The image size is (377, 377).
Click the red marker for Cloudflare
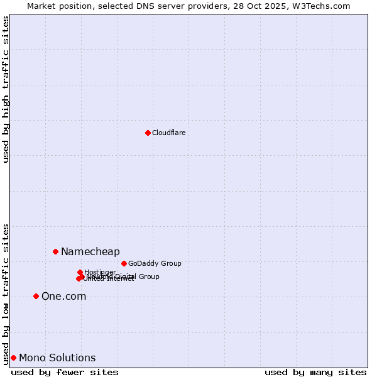148,133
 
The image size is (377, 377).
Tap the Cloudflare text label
168,133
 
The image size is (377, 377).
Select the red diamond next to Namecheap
55,251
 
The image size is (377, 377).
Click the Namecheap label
90,251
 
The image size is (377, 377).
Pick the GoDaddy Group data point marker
124,263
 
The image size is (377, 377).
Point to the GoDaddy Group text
154,263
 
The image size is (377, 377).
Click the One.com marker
36,296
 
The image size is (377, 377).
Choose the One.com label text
63,296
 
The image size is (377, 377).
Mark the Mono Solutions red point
13,358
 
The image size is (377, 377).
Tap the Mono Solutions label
57,358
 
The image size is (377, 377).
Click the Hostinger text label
100,272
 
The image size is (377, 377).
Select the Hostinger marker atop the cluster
80,272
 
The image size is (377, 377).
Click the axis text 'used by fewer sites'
65,372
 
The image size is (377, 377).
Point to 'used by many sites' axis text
315,372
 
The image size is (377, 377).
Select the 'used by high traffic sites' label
6,89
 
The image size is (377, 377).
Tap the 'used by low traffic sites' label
6,293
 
